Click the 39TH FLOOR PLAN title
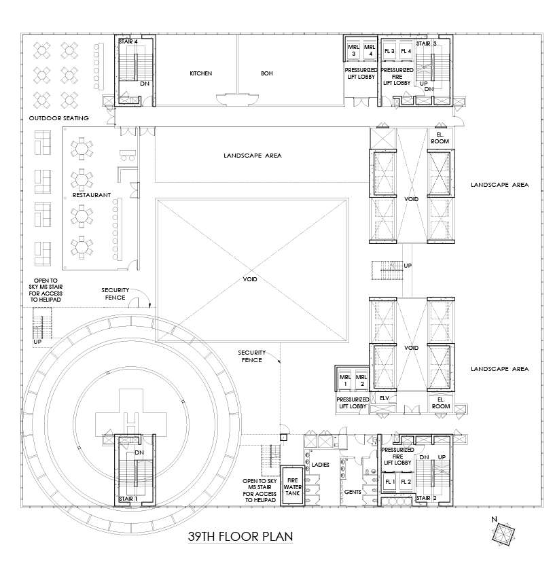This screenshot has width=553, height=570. click(240, 537)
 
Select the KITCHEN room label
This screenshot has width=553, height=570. click(201, 73)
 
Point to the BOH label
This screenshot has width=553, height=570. click(266, 73)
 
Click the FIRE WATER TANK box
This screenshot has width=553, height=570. click(292, 482)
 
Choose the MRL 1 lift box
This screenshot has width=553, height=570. click(344, 380)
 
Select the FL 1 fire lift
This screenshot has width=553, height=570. click(389, 482)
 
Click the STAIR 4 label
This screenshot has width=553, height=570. click(128, 42)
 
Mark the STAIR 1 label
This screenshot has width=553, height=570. click(128, 498)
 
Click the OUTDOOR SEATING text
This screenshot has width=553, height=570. click(59, 118)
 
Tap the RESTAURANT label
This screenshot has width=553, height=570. click(92, 194)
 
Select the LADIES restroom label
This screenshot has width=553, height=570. click(320, 465)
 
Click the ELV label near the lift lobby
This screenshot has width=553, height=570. click(384, 398)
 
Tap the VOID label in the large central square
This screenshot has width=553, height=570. click(251, 279)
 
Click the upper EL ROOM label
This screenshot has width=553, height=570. click(439, 138)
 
